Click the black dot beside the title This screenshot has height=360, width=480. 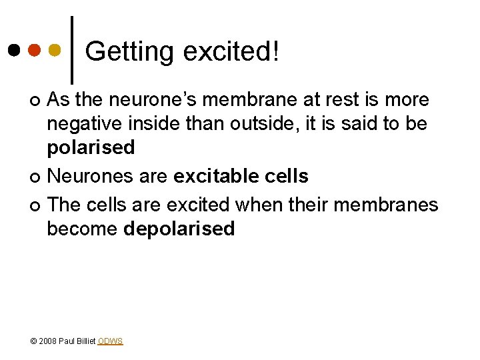point(15,50)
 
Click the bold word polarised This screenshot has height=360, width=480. point(91,147)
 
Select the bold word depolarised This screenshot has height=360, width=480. point(179,229)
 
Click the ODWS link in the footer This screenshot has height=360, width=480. point(110,341)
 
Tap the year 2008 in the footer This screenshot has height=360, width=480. point(48,341)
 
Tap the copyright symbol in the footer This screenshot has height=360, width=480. point(33,341)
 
